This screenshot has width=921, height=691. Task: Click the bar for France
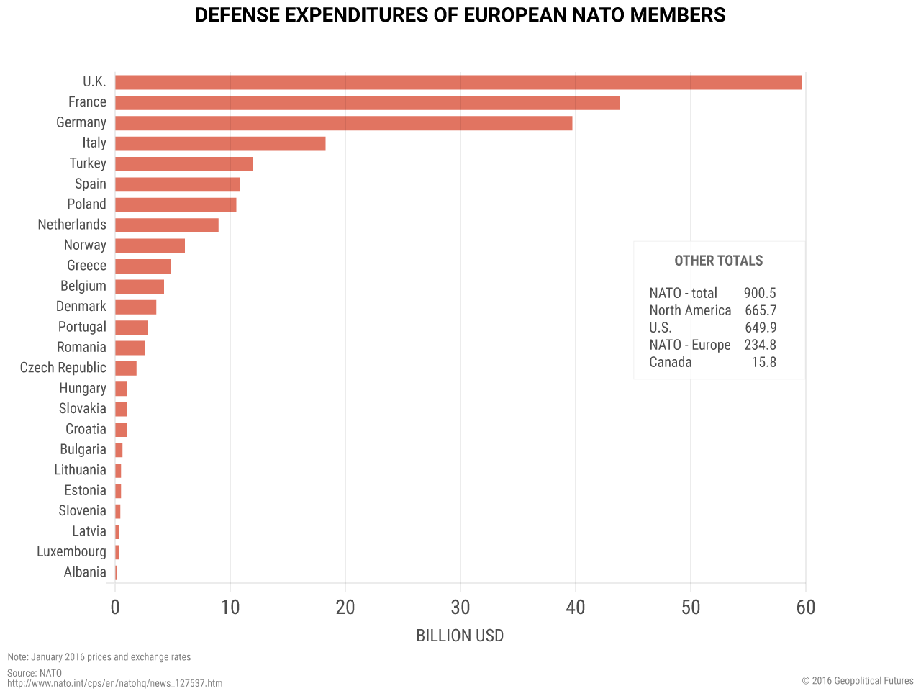click(367, 103)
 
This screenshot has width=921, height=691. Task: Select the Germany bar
click(343, 123)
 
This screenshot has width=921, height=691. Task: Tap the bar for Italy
click(220, 144)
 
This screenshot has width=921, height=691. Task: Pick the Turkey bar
click(183, 164)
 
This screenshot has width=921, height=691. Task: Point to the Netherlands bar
click(166, 225)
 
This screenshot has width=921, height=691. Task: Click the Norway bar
click(150, 245)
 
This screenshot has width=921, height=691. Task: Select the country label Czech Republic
click(63, 368)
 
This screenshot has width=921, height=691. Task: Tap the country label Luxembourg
click(71, 552)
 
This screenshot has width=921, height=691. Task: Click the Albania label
click(85, 572)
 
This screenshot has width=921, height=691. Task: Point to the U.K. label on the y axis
click(94, 82)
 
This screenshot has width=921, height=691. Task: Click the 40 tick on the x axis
click(576, 608)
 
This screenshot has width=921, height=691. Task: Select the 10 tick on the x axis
click(230, 608)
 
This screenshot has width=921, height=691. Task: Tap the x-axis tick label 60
click(806, 608)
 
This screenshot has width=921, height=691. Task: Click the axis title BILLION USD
click(460, 636)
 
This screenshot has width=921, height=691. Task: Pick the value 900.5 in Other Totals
click(760, 294)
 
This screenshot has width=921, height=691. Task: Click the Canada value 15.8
click(764, 363)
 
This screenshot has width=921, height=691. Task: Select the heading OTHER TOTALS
click(718, 261)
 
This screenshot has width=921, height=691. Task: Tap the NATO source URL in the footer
click(114, 683)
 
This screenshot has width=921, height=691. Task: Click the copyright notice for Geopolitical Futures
click(858, 681)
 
